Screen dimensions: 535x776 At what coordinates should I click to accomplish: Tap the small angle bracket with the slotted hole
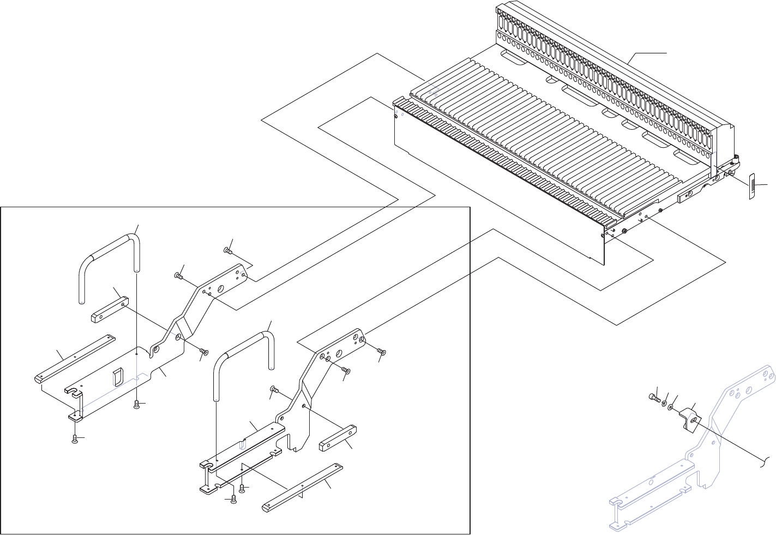point(688,422)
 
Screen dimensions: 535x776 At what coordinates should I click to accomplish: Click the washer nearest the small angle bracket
point(670,407)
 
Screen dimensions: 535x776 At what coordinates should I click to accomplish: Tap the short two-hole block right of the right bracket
point(338,438)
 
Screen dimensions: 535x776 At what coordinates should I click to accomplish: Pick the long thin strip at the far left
point(75,357)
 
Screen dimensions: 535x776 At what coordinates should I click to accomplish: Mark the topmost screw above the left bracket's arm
point(227,251)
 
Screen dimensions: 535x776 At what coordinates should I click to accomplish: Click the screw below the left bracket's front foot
point(76,440)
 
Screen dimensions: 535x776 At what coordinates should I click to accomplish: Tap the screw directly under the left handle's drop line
point(137,404)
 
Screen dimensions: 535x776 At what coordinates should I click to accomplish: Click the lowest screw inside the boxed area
point(233,500)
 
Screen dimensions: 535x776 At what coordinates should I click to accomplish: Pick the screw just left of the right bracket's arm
point(274,389)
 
